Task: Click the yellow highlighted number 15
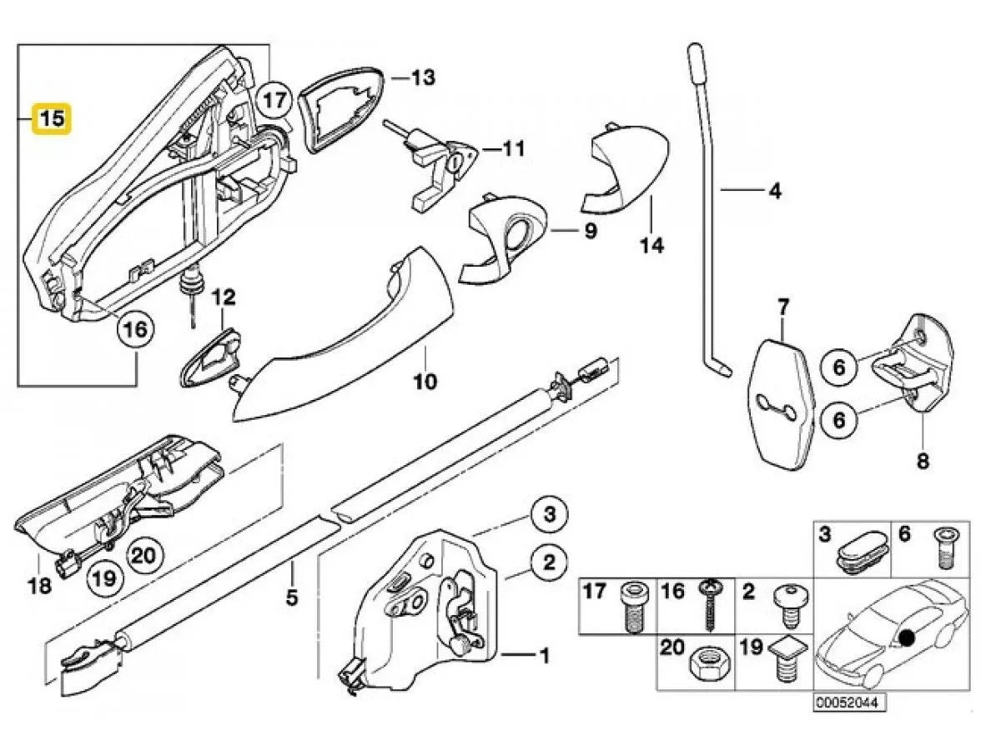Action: pos(52,118)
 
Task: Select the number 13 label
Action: pos(423,78)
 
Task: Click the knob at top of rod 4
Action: pos(696,62)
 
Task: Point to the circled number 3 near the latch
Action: pos(550,515)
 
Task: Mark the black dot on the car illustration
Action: pos(907,639)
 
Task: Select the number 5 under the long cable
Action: pos(291,597)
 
